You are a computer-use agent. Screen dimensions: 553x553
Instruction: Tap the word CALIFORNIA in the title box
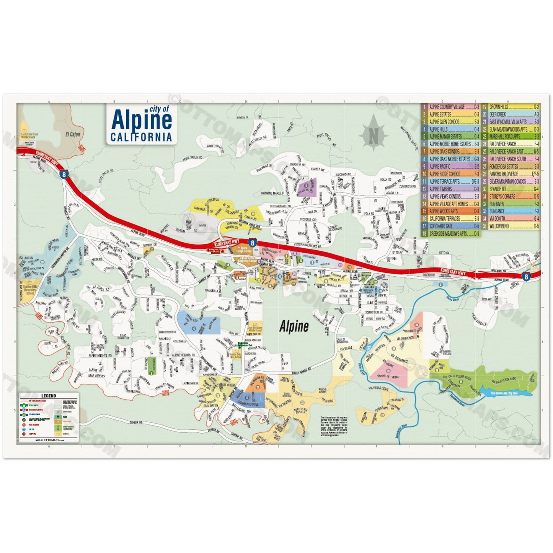[x=141, y=137]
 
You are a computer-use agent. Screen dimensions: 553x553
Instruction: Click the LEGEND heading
[x=49, y=396]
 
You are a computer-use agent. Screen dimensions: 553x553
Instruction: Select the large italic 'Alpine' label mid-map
[x=294, y=326]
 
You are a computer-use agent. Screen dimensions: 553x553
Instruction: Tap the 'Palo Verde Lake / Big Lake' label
[x=506, y=392]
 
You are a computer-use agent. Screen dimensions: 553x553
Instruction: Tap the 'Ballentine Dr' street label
[x=242, y=411]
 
